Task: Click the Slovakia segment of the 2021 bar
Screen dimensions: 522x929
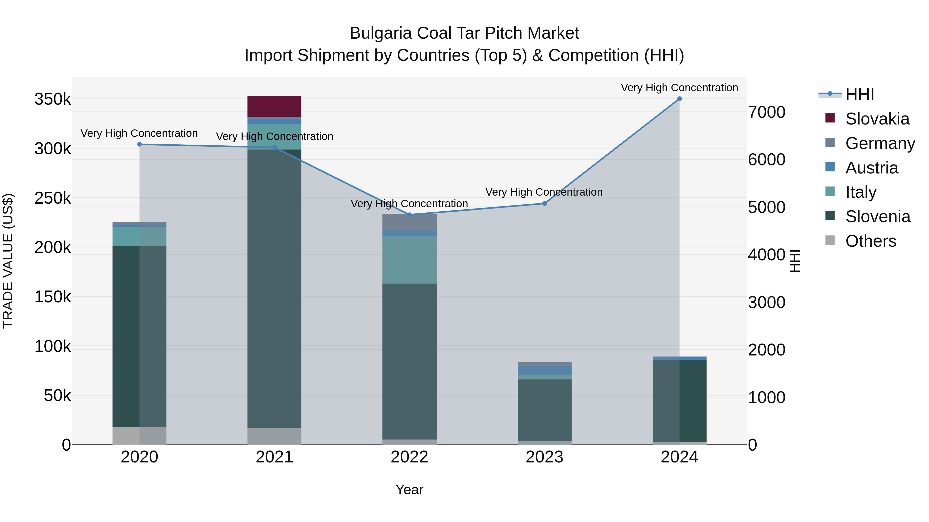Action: (x=274, y=106)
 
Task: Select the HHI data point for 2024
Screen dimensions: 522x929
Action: (x=679, y=99)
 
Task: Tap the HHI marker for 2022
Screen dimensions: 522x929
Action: (x=409, y=215)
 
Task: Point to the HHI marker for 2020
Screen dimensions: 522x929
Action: (x=140, y=144)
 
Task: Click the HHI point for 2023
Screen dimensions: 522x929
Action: (x=544, y=204)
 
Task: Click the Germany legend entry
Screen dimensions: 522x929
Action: (x=880, y=143)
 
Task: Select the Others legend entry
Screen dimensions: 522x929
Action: (x=870, y=241)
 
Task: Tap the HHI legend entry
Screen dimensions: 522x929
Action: (x=859, y=94)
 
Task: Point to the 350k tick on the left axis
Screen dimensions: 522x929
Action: (x=53, y=99)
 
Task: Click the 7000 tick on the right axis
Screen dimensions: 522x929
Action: (x=766, y=112)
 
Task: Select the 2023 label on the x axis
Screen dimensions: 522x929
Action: (x=544, y=457)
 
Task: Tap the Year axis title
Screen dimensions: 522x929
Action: (x=409, y=490)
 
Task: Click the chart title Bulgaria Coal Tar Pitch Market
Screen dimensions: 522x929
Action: (x=464, y=33)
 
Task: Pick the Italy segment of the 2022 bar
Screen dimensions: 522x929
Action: (x=409, y=260)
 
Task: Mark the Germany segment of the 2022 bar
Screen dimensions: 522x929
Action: (x=409, y=221)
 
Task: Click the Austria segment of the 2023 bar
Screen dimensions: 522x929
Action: (x=544, y=370)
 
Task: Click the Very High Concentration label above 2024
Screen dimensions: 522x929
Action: (x=679, y=88)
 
